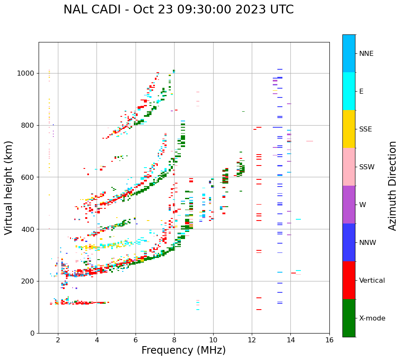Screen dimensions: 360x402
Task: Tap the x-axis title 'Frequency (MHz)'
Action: (183, 350)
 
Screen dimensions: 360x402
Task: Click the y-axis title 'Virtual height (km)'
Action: (9, 188)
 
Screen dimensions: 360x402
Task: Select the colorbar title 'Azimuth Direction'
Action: (392, 186)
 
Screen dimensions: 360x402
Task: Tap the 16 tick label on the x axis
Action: (329, 340)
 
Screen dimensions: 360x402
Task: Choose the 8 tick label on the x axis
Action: (174, 340)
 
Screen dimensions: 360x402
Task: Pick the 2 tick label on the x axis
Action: (58, 340)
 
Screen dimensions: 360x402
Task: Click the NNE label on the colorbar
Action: (366, 54)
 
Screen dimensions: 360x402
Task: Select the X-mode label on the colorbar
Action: (372, 318)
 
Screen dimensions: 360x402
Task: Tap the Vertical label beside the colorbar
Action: (372, 281)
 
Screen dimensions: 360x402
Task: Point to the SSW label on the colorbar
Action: (367, 167)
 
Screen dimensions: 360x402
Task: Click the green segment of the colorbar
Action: (349, 318)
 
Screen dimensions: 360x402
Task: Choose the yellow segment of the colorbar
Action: (349, 129)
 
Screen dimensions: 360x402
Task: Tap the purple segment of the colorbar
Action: (349, 205)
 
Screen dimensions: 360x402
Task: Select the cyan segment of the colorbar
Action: (349, 91)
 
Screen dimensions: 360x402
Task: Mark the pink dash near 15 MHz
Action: (309, 141)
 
